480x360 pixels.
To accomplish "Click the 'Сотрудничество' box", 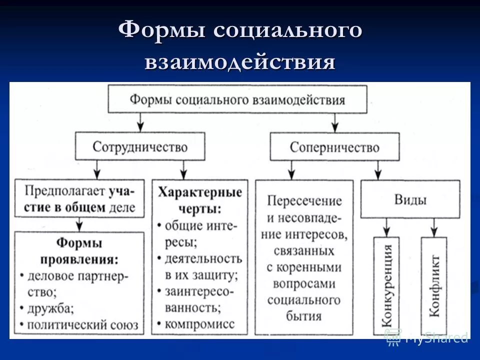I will coord(140,146).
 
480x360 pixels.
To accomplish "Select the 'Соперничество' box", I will coord(334,146).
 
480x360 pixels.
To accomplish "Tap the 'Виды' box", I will coord(410,200).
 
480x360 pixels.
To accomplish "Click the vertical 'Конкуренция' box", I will coord(386,285).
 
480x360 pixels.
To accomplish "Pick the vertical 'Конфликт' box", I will coord(434,285).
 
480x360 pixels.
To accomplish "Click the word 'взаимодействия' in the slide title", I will coord(239,63).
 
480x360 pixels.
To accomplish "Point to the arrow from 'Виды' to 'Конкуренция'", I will coord(386,228).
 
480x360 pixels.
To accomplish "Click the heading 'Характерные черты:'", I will coord(199,200).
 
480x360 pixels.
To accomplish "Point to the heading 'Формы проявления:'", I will coord(79,251).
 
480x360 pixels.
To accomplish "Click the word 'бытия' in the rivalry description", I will coord(304,316).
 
